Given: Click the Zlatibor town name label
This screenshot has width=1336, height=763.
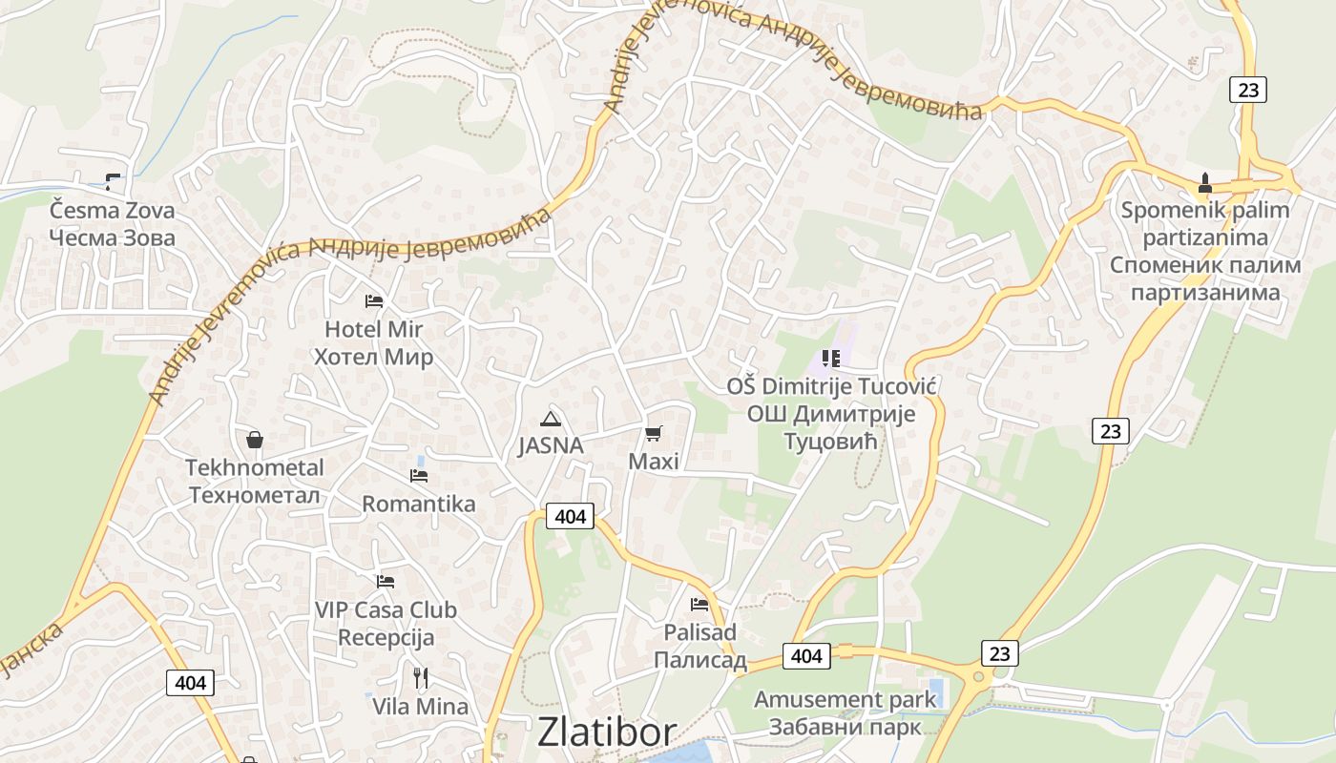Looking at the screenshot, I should tap(607, 732).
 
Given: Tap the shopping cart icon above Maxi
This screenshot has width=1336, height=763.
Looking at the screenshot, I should tap(654, 434).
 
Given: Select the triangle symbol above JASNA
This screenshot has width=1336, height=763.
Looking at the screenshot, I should tap(550, 419).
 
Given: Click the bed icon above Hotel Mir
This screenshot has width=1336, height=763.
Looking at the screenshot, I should tap(374, 301).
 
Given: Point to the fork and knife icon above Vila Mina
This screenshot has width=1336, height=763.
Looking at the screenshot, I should tap(421, 678).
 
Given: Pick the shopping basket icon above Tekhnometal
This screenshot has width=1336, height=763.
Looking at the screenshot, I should tap(255, 440).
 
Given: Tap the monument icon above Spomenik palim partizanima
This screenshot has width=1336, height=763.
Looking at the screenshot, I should tap(1205, 182).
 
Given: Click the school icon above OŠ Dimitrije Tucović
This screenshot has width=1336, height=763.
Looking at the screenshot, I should tap(830, 359).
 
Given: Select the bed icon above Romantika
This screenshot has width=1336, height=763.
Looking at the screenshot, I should tap(419, 475).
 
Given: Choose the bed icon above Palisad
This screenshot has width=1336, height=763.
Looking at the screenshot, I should tap(699, 604).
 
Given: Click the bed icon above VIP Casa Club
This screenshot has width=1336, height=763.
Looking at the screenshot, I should tap(386, 581).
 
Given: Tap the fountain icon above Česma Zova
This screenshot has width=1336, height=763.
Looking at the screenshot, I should tap(113, 180).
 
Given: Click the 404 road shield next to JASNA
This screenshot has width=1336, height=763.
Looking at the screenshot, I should tap(570, 517).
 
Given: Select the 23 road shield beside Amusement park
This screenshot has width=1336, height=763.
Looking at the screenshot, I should tap(999, 653).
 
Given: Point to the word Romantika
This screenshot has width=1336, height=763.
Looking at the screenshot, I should tap(419, 505).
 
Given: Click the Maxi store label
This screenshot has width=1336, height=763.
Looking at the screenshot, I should tap(654, 462).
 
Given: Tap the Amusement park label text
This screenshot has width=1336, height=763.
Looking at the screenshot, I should tap(845, 699).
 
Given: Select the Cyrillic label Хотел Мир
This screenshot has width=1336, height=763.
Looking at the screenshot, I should tap(373, 358).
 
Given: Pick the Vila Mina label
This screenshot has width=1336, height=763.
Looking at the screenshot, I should tap(421, 707).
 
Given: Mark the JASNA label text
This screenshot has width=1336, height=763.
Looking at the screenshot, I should tap(551, 445).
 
